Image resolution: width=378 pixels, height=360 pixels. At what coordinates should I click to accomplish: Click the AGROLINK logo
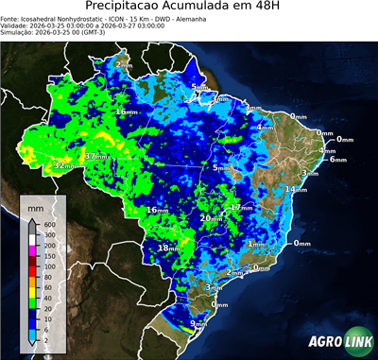click(x=339, y=341)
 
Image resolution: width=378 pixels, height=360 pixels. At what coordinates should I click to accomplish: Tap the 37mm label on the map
click(x=96, y=156)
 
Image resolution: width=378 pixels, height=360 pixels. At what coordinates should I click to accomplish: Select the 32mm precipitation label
click(x=65, y=166)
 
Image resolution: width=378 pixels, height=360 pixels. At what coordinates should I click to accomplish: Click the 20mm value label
click(x=209, y=218)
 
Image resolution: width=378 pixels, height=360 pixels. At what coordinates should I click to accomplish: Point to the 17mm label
click(x=242, y=207)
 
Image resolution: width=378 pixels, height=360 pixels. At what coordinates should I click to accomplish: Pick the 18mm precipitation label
click(x=167, y=248)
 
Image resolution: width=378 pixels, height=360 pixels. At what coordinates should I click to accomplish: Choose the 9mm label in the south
click(x=198, y=324)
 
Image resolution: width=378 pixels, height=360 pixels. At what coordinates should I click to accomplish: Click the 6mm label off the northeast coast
click(x=337, y=160)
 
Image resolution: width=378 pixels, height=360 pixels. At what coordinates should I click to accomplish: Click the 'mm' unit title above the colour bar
click(x=35, y=207)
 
